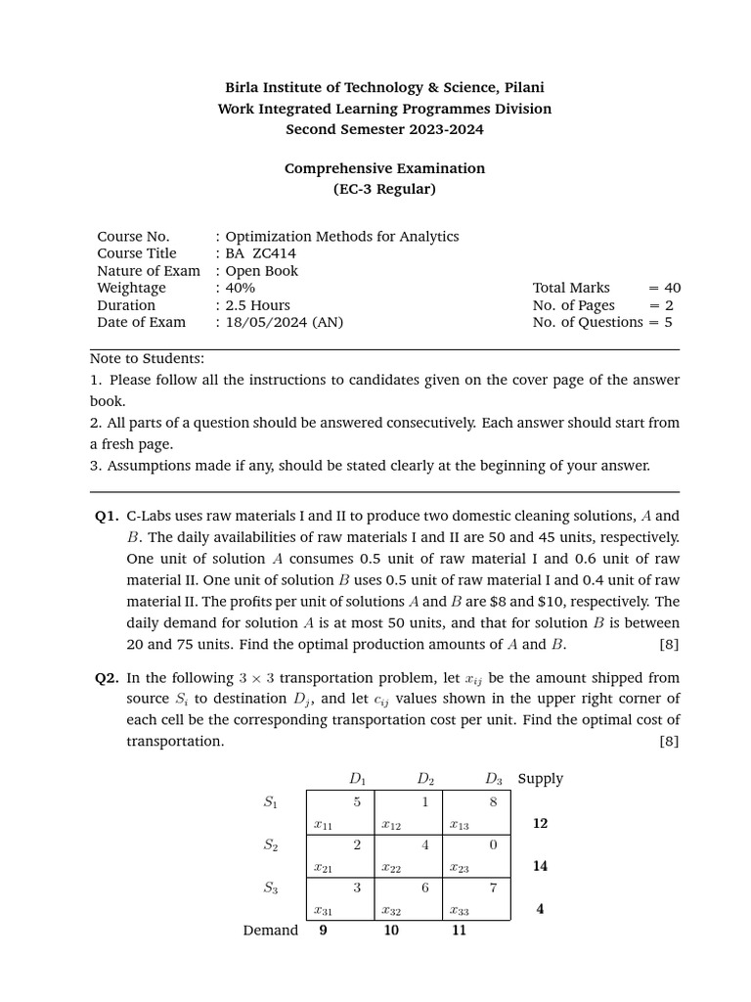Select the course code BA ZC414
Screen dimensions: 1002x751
pos(260,253)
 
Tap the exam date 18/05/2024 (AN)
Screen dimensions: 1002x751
pos(285,322)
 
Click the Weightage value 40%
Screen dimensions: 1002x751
pos(240,288)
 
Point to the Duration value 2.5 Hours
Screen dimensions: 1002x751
pos(257,305)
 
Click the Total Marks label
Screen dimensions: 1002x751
pos(571,288)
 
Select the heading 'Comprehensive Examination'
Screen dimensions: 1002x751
pos(384,168)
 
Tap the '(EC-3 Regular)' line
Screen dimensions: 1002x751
pos(384,189)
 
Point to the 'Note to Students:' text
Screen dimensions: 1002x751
pos(147,359)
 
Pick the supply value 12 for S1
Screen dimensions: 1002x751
pos(540,824)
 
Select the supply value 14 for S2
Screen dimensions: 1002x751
pos(540,866)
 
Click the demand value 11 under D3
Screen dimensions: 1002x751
pos(459,931)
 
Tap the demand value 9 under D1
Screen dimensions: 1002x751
pos(323,931)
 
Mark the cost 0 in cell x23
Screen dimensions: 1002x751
pos(494,844)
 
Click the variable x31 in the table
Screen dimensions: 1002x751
pos(322,910)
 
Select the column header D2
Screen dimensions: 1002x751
pos(425,779)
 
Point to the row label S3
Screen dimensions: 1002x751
pos(270,888)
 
